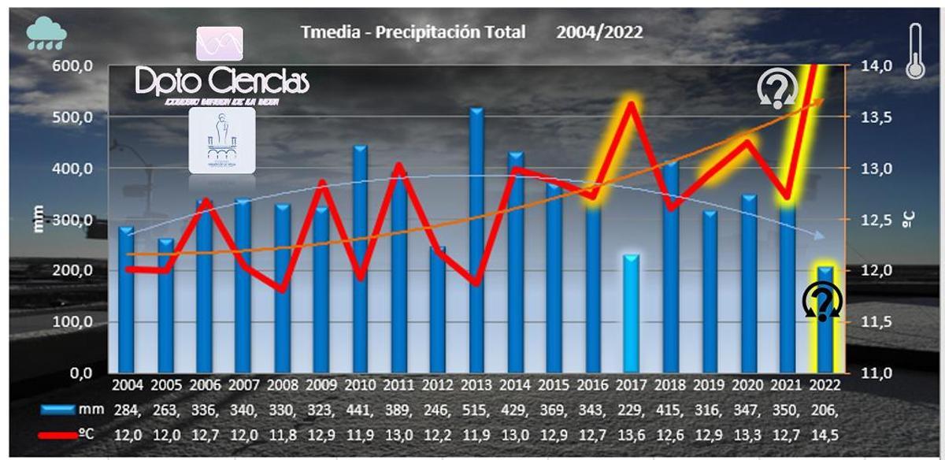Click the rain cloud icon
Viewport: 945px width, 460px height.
pos(46,34)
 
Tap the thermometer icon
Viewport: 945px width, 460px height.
pos(915,50)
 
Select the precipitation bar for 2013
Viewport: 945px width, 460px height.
pos(476,240)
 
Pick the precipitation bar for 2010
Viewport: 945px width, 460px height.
pos(360,259)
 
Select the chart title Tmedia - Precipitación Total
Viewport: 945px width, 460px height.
pos(413,32)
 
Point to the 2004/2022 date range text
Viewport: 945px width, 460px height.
pos(599,32)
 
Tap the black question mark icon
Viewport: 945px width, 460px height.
pos(822,301)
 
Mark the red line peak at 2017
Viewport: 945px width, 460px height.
pos(630,103)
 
